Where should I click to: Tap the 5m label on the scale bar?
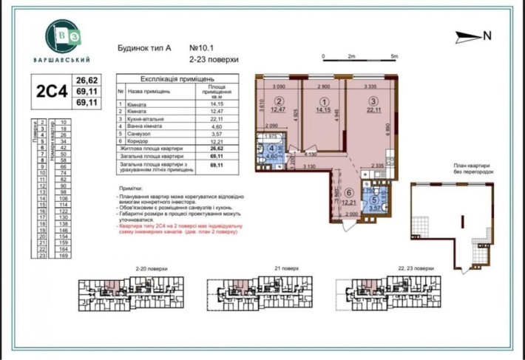[x=395, y=56]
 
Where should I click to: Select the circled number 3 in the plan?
[x=374, y=101]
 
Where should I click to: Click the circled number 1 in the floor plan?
[x=322, y=102]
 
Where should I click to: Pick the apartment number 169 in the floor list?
[x=64, y=256]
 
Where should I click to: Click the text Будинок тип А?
[x=144, y=46]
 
